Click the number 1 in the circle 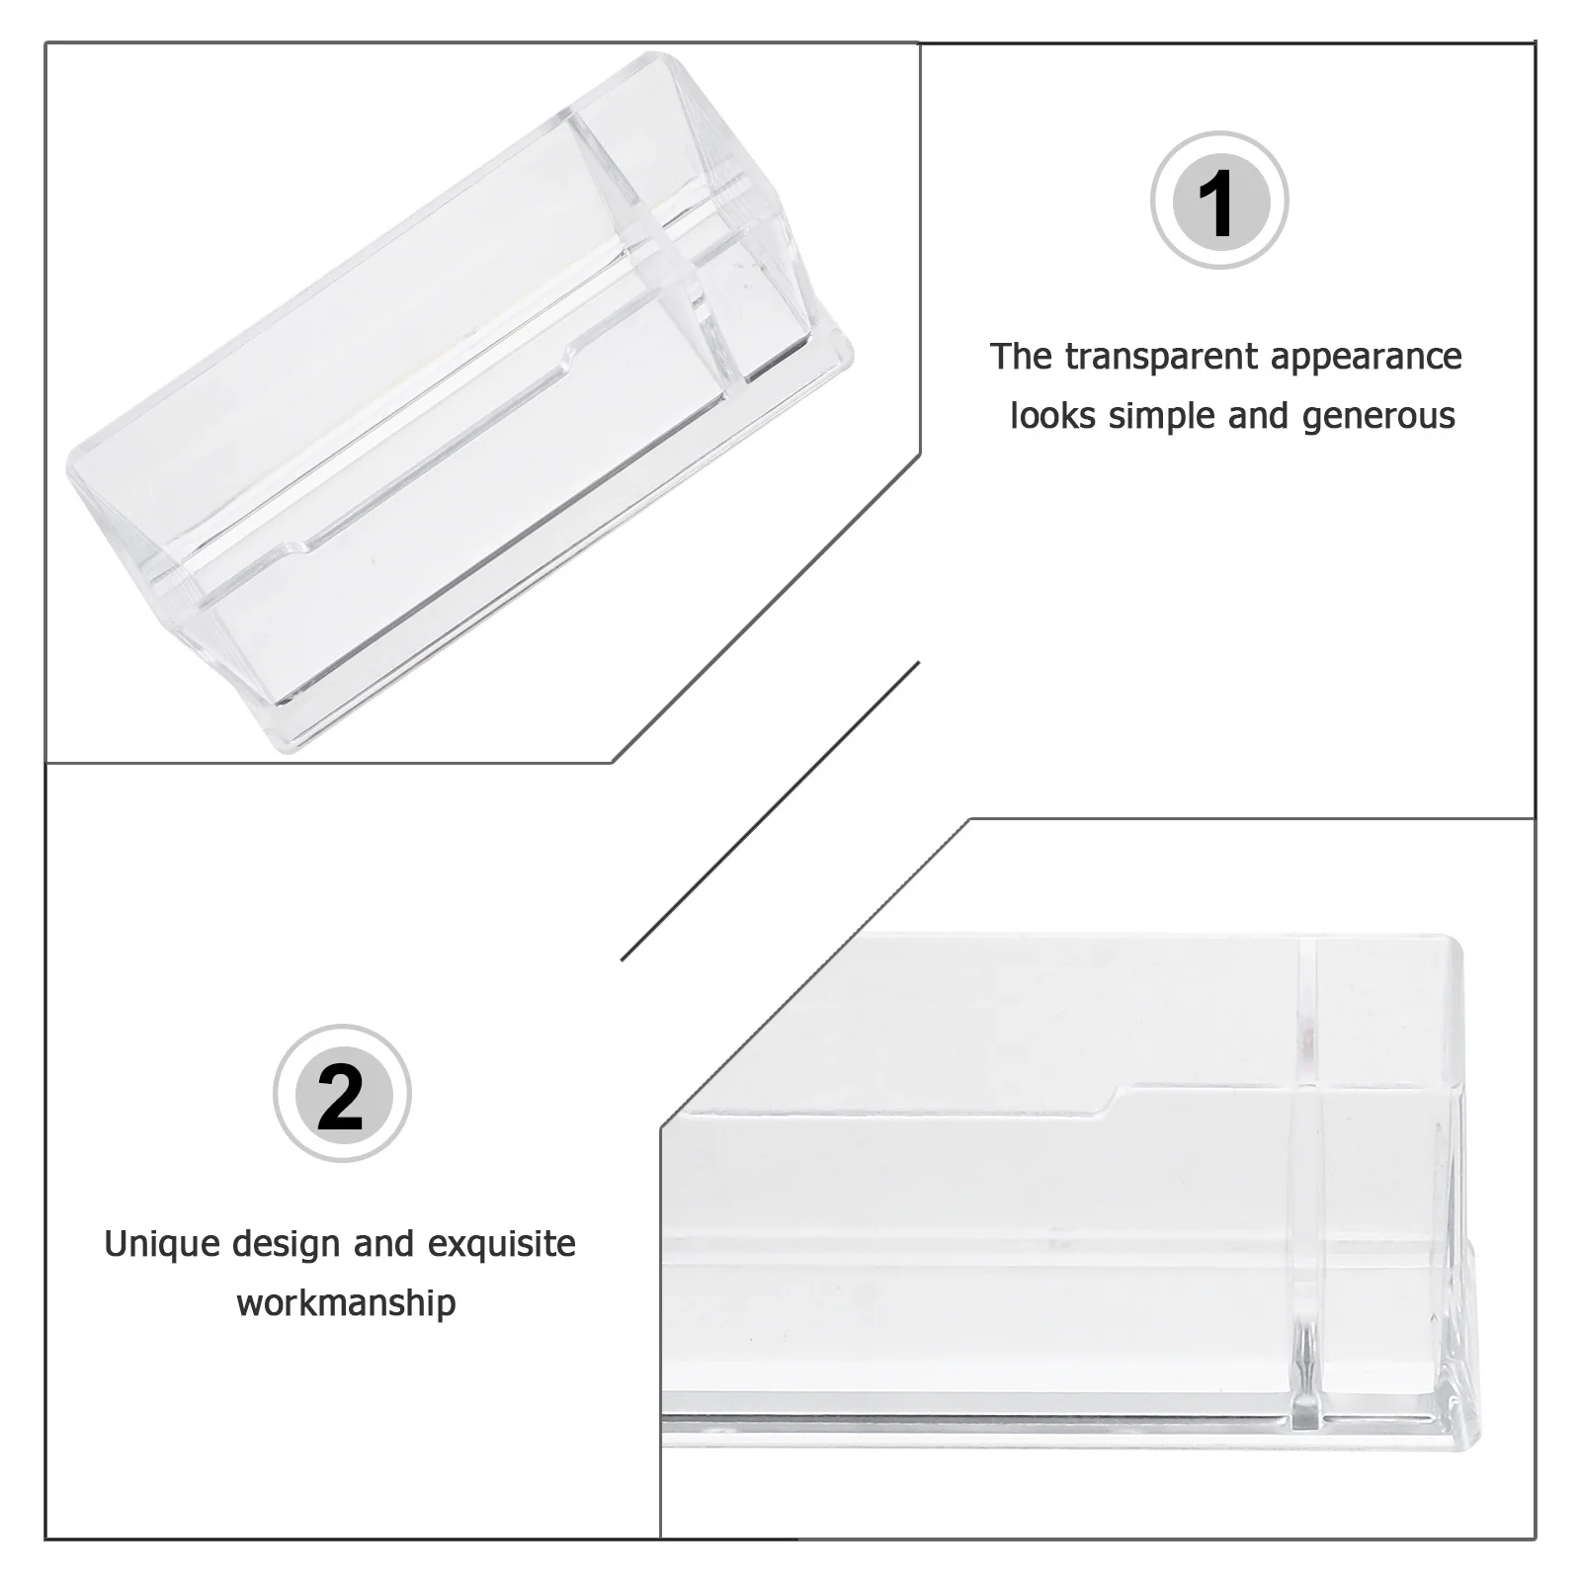pos(1220,202)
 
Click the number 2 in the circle pos(342,1095)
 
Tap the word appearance pos(1367,357)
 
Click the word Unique pos(162,1244)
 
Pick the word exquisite pos(502,1244)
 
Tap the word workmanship pos(347,1303)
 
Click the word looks pos(1051,416)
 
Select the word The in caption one pos(1022,357)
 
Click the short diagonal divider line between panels pos(771,810)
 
